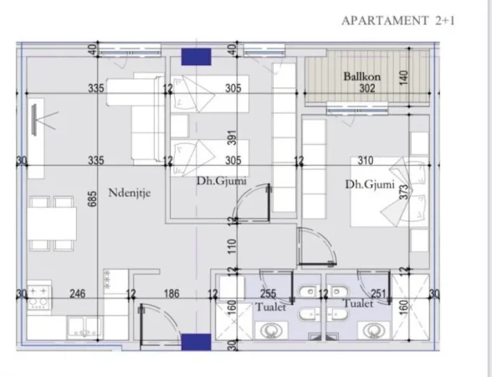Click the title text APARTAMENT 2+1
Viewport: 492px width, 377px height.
[x=398, y=20]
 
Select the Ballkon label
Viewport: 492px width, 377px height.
[x=362, y=77]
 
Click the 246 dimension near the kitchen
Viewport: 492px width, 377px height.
[x=77, y=293]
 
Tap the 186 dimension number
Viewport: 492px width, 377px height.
[x=172, y=293]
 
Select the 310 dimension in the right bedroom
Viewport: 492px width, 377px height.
[x=363, y=161]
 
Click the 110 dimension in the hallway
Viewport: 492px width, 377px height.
[x=233, y=245]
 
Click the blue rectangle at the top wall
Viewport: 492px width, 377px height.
[x=197, y=56]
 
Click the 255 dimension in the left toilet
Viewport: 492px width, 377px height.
[x=269, y=293]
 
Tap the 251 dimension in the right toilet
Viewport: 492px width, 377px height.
[x=378, y=293]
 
